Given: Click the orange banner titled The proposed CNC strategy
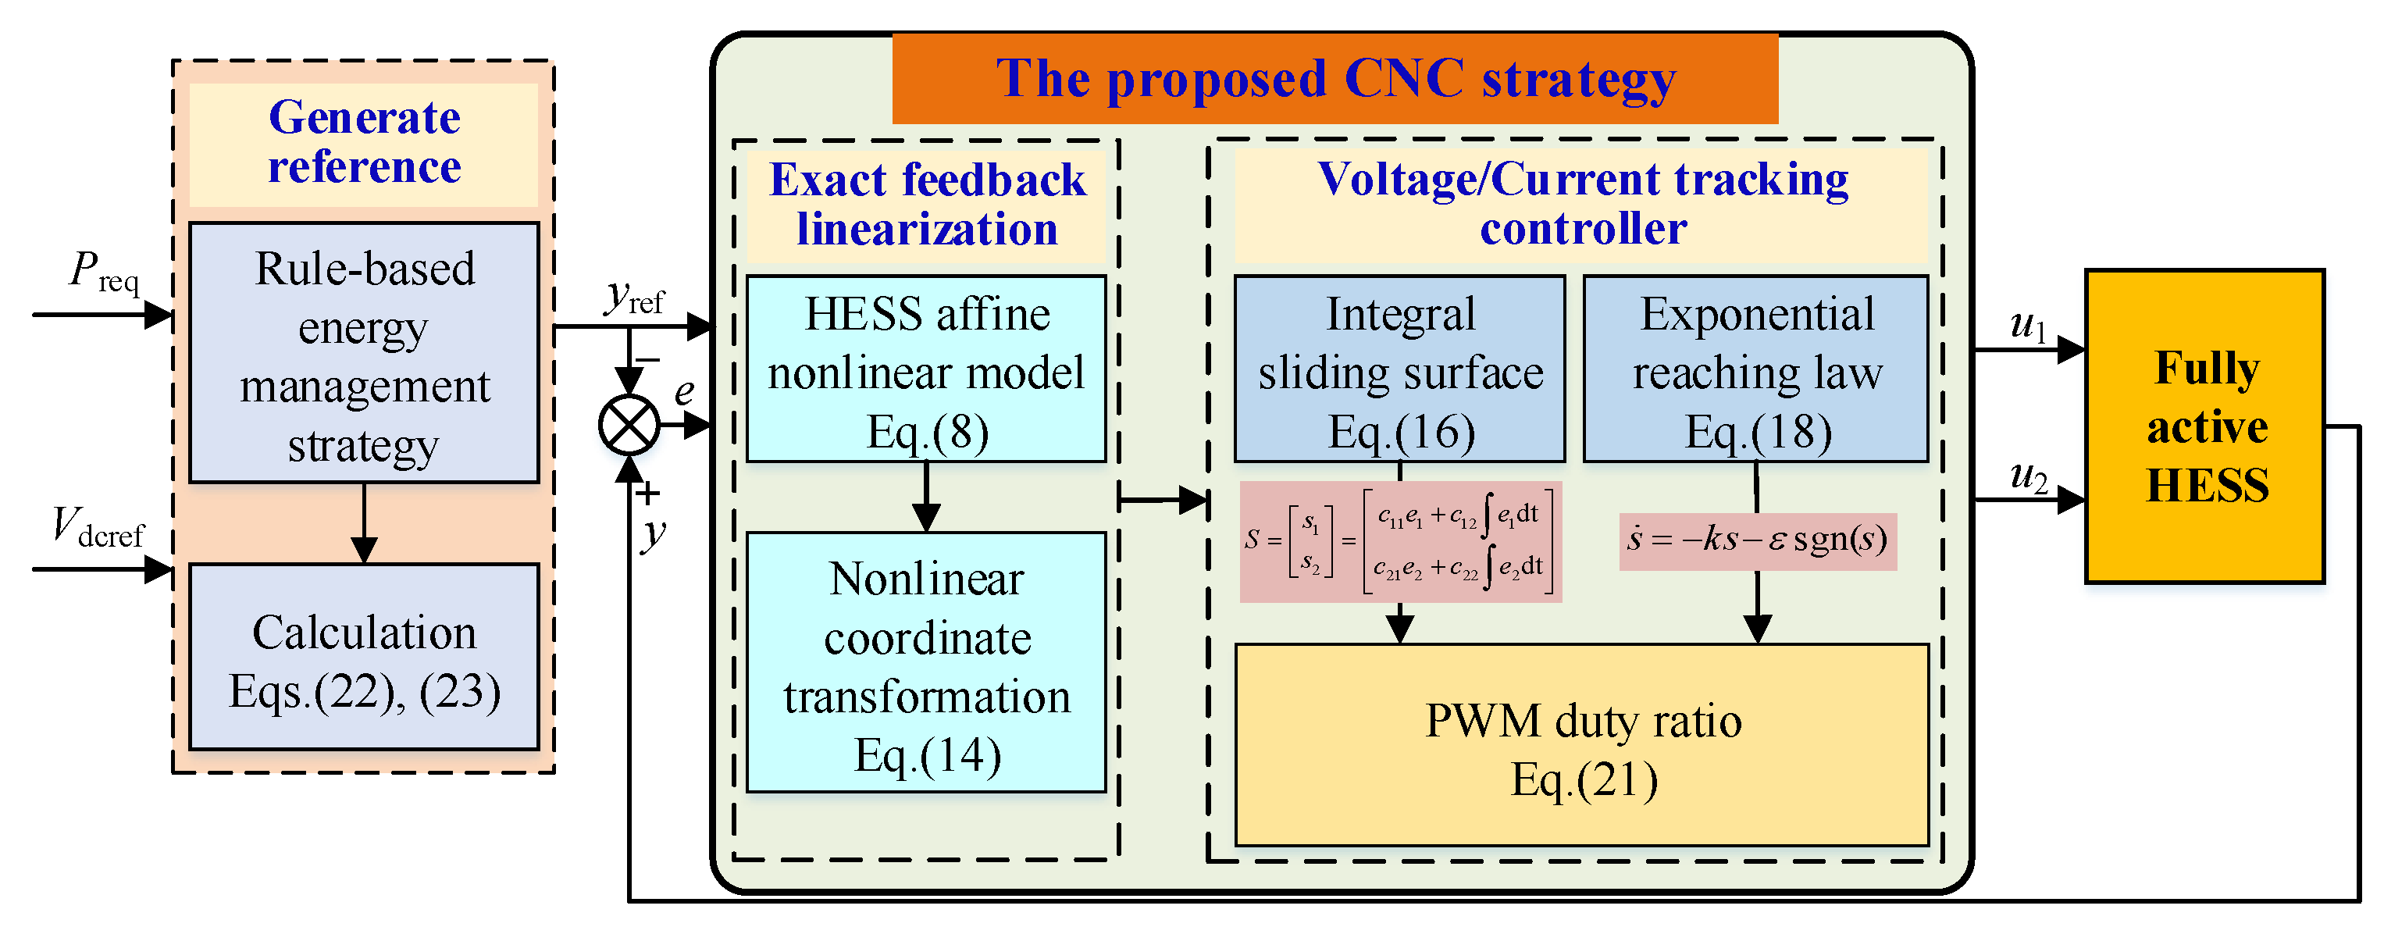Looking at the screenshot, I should click(1335, 79).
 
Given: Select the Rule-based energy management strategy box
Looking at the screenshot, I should click(364, 352).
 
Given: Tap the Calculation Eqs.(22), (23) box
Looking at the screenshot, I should click(364, 658).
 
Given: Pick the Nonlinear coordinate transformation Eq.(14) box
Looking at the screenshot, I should click(926, 663).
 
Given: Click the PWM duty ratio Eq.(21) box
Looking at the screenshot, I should click(1581, 746).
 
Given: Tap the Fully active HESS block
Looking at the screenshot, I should click(2204, 426).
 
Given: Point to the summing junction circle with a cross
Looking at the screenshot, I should click(629, 426).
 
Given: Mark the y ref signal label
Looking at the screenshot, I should click(635, 298).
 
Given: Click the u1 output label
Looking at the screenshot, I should click(2028, 326).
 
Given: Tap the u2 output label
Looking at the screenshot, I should click(2028, 476).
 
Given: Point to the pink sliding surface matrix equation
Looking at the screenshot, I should click(1399, 542).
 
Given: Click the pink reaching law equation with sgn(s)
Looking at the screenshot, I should click(1756, 541).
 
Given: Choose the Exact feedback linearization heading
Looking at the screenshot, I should click(926, 205).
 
